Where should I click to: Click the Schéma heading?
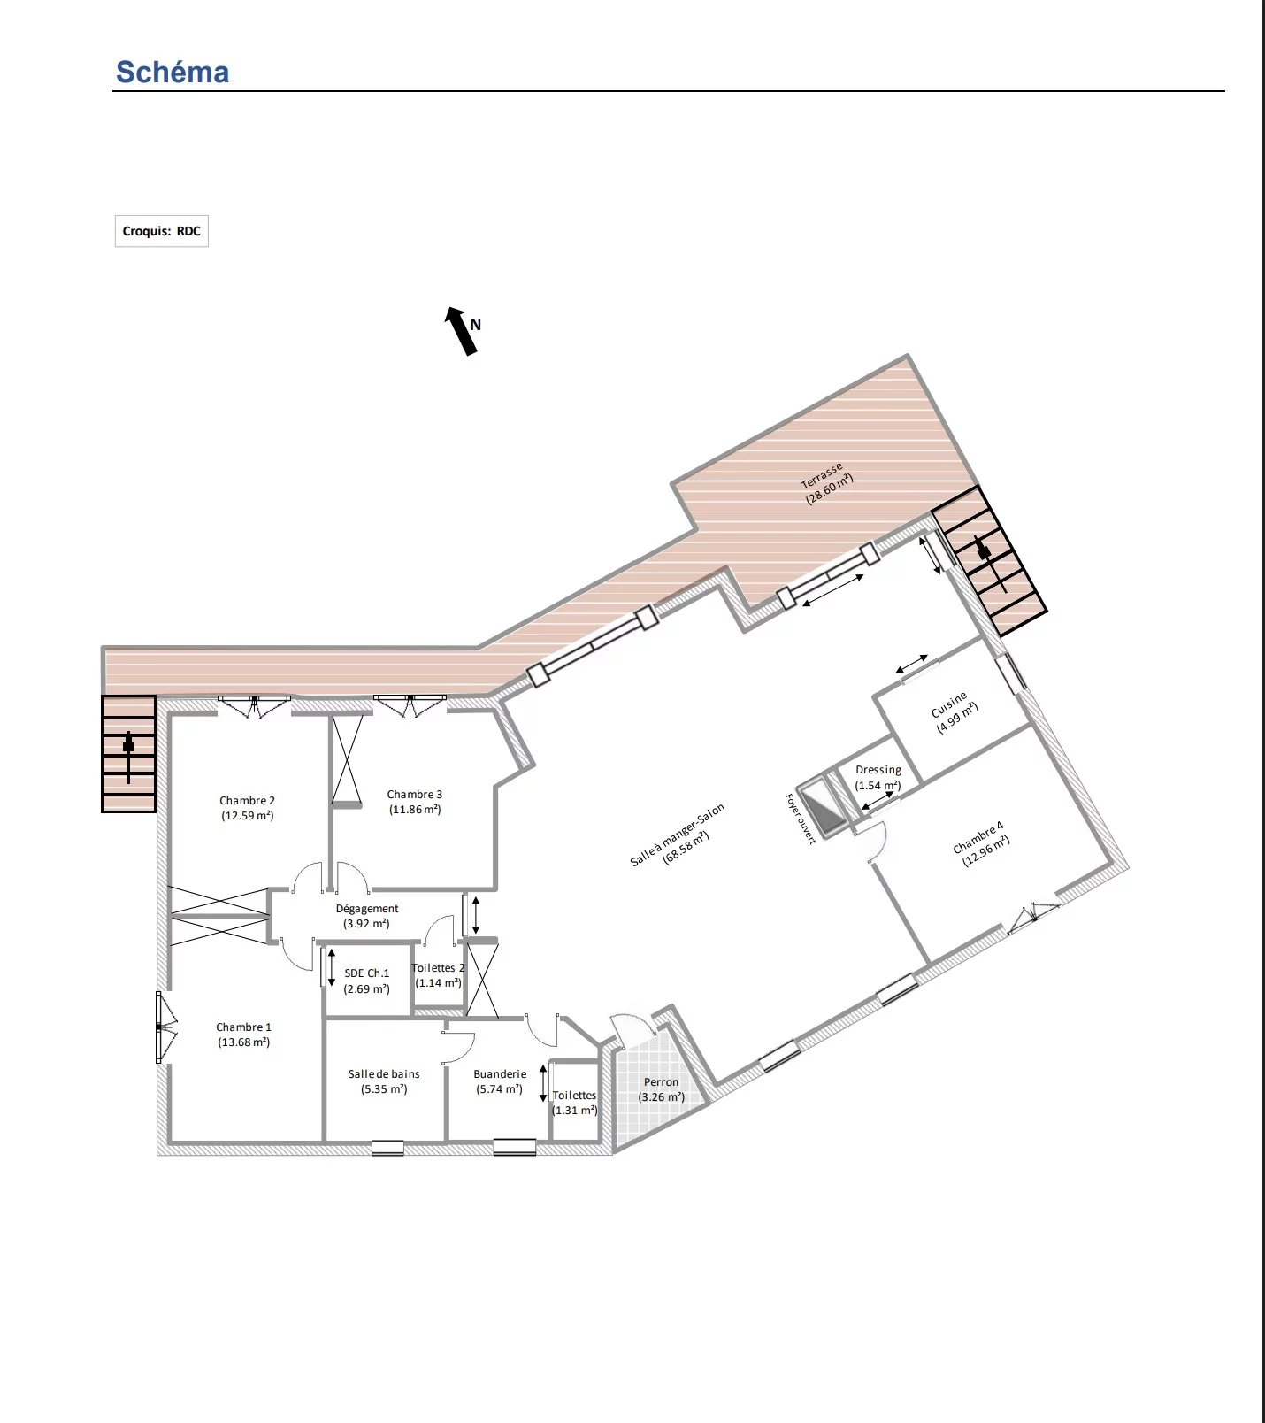172,72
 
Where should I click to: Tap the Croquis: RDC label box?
162,231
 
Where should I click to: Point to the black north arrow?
461,331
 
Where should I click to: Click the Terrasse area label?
826,482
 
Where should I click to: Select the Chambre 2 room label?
248,808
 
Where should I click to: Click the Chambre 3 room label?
415,802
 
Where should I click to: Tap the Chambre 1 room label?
244,1035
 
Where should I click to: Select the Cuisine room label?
954,712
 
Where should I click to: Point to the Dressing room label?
878,778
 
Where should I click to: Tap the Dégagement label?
367,916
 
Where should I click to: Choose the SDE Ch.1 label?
367,981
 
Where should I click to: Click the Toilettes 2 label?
438,975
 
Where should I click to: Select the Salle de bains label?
384,1081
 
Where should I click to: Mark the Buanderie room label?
500,1081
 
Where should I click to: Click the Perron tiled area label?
662,1089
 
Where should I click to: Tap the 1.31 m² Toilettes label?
575,1103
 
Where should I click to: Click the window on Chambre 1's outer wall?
161,1027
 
